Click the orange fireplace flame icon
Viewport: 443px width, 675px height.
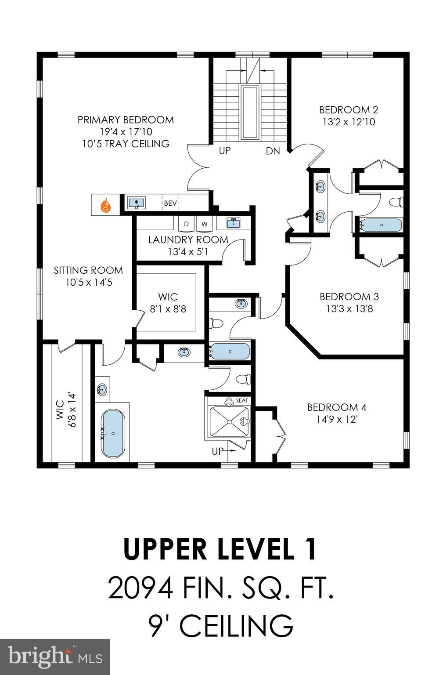(105, 205)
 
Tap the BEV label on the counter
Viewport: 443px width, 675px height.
(170, 203)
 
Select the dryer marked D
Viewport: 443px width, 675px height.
(187, 224)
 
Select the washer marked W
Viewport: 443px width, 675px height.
(204, 224)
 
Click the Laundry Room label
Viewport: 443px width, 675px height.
(188, 240)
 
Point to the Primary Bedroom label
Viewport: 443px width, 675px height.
(126, 120)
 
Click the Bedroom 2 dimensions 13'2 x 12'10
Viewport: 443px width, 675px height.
(349, 122)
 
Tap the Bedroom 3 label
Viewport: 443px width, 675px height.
(349, 297)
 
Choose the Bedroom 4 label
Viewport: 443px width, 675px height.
(336, 407)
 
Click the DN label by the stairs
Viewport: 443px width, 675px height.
(273, 151)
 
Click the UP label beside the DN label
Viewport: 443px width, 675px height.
(225, 151)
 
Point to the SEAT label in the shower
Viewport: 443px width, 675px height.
(242, 401)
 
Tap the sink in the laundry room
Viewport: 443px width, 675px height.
(233, 223)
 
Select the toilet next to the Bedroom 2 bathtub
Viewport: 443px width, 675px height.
(396, 202)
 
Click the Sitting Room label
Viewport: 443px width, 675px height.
(88, 270)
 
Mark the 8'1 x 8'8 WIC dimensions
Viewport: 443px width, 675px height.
(168, 309)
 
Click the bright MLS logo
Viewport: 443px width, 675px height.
(55, 657)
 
